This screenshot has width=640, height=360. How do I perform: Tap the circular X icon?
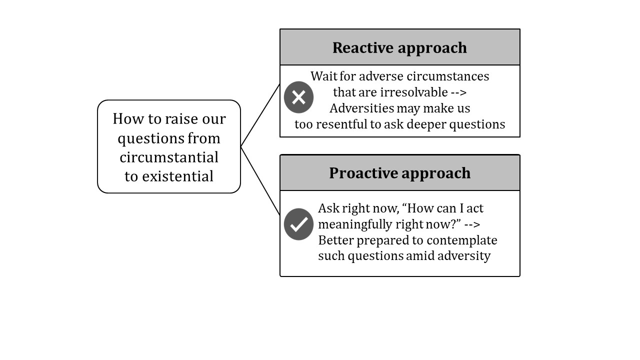[x=298, y=97]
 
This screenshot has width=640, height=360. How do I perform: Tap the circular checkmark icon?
[x=298, y=224]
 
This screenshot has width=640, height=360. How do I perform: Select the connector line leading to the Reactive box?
[x=260, y=115]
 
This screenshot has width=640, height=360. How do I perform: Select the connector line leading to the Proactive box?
[x=260, y=180]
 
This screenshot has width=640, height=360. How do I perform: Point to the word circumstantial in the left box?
[x=169, y=157]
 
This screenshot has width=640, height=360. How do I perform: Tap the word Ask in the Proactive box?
[x=328, y=208]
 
